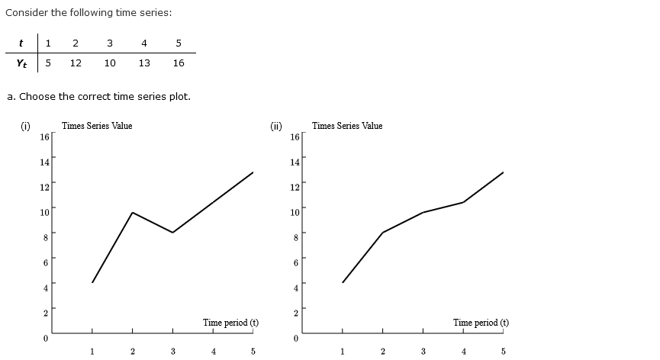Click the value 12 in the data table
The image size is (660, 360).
coord(76,63)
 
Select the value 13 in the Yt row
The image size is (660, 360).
coord(144,63)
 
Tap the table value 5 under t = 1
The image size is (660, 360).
coord(48,63)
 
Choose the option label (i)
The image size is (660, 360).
coord(26,127)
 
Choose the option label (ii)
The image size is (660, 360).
coord(276,127)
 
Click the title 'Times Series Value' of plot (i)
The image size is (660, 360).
coord(97,126)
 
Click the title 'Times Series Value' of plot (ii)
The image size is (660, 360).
coord(347,126)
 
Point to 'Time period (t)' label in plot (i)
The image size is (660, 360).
coord(230,323)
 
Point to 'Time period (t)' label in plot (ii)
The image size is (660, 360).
coord(481,323)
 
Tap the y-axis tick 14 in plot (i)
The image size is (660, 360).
coord(44,162)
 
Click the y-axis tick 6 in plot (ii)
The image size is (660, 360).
coord(295,262)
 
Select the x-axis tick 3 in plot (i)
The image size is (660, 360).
coord(172,352)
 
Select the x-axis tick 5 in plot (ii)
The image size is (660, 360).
coord(503,352)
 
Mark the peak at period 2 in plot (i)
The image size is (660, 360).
coord(133,213)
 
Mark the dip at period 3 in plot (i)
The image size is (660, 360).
coord(172,233)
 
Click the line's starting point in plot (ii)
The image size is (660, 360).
coord(343,282)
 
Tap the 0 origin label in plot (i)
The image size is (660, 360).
coord(45,338)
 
